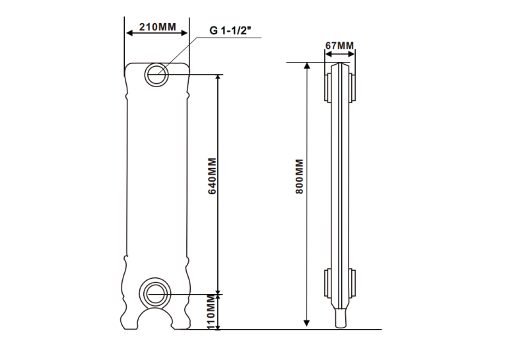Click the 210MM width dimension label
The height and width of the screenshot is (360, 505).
[158, 26]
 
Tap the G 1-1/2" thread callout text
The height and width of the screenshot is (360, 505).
[230, 30]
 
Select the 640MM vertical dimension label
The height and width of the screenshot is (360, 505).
[212, 176]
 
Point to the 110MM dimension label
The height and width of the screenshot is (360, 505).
[211, 312]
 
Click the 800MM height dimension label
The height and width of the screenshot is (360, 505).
[300, 176]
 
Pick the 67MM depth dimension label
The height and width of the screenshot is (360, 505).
[339, 46]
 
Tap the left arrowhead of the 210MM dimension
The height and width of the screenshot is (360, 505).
[129, 33]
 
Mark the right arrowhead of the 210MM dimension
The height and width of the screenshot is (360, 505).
[184, 33]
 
